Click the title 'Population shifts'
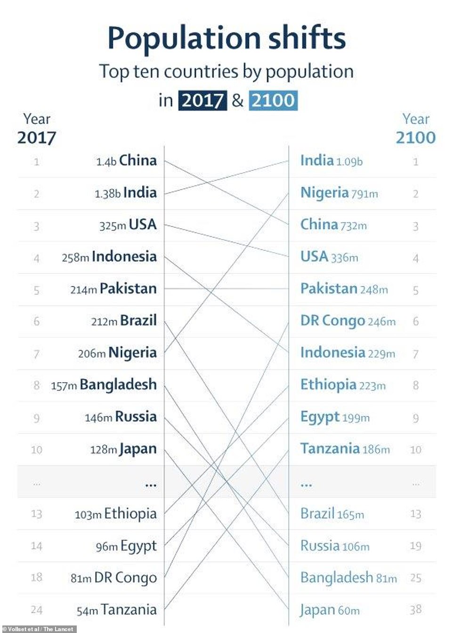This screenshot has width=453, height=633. coord(226,38)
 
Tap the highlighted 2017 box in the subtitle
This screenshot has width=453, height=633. coord(202,100)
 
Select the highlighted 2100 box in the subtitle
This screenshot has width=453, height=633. coord(273,100)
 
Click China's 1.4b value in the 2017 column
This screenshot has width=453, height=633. coord(106,162)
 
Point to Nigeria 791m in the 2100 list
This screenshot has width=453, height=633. coord(339,193)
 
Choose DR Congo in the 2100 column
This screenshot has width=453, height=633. coord(332,321)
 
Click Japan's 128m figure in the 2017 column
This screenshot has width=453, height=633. coord(103,450)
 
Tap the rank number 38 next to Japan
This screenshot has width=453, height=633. coord(415,610)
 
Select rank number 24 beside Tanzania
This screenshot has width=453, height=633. coord(37,610)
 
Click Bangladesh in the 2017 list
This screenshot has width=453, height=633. coord(118,385)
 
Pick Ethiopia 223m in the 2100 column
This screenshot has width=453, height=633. coord(343,385)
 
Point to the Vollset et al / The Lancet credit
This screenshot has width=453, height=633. coord(39,629)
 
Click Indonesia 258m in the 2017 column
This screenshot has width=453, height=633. coord(109,257)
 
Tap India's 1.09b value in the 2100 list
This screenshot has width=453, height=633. coord(349,162)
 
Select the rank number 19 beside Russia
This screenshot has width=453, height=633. coord(415,546)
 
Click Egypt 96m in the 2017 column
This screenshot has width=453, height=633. coord(126,546)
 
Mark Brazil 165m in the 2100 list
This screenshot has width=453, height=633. coord(332,514)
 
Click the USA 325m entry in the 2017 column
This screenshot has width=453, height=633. coord(128,225)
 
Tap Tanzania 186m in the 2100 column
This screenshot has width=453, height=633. coord(345,449)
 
